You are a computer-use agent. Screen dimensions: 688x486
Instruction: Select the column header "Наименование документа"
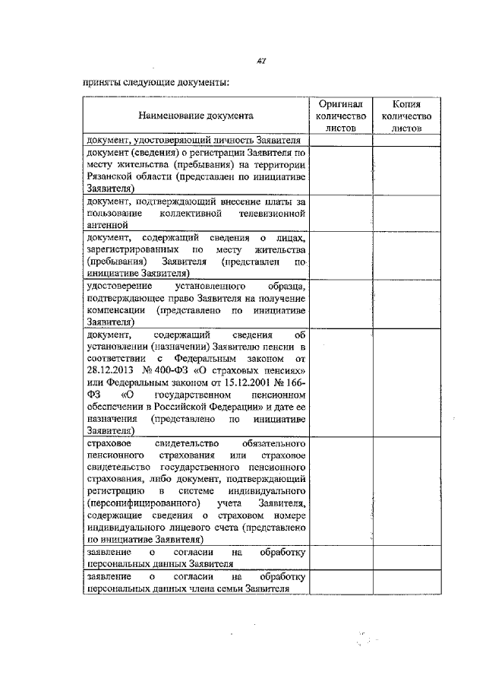click(196, 116)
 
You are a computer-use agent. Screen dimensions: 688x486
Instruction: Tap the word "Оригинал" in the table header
click(341, 103)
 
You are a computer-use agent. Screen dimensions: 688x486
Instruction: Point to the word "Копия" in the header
click(407, 103)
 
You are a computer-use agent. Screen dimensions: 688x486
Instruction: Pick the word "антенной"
click(106, 224)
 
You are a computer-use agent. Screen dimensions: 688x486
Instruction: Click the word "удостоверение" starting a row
click(120, 285)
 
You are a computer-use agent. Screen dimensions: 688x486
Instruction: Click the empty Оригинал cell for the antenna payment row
click(341, 213)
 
